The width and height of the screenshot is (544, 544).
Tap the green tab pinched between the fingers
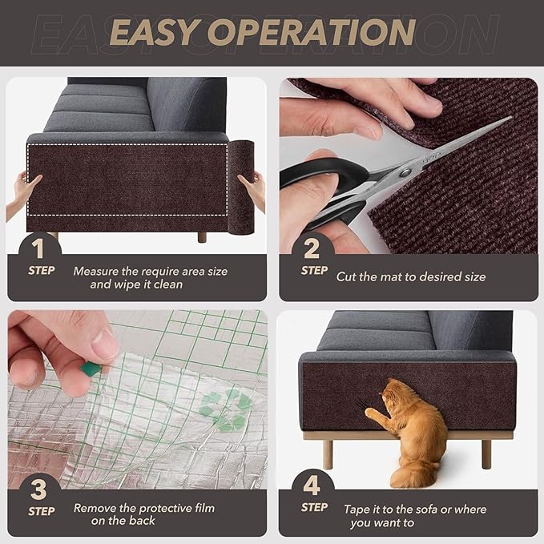91,369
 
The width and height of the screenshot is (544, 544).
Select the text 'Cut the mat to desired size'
410,276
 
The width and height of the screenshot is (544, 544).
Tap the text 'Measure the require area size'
150,271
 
